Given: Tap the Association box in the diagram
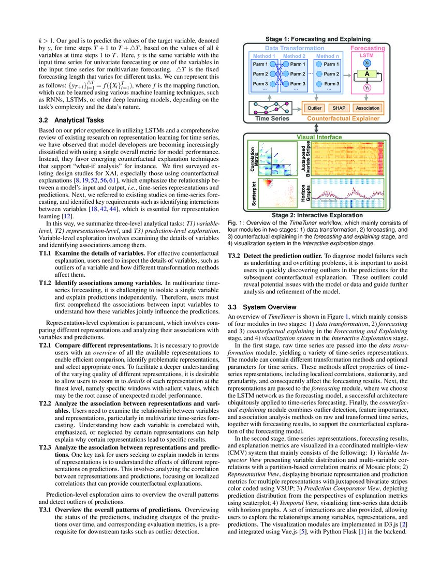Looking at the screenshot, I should [368, 108].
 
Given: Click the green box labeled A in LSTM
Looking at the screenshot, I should [367, 74].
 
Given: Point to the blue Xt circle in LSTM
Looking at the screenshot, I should [367, 62].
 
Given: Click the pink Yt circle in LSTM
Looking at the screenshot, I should [367, 88].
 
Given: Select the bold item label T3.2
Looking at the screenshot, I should [234, 256].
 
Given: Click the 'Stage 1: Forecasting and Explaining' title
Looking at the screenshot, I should [318, 39].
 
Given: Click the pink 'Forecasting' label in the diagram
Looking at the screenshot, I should [368, 48].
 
